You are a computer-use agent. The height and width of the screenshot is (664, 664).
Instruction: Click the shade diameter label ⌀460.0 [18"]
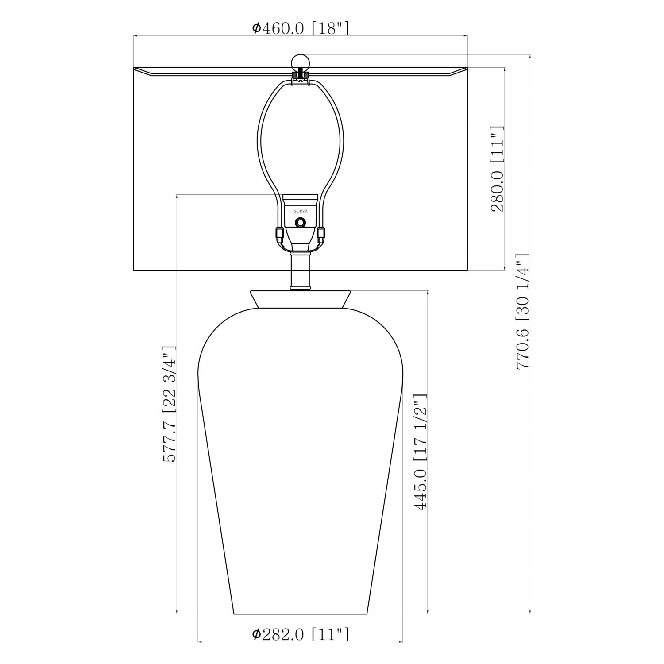301,28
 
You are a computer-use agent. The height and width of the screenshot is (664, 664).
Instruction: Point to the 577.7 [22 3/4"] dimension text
170,404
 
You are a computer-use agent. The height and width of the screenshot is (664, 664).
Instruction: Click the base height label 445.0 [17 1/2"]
420,452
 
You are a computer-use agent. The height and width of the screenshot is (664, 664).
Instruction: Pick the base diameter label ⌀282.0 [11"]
301,635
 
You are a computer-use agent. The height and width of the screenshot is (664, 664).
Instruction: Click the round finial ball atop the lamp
300,62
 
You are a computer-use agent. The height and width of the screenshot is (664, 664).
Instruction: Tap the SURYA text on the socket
301,212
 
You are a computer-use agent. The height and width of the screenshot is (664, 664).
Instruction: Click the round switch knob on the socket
301,223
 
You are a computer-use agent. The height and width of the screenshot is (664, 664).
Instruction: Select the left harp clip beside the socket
279,233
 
